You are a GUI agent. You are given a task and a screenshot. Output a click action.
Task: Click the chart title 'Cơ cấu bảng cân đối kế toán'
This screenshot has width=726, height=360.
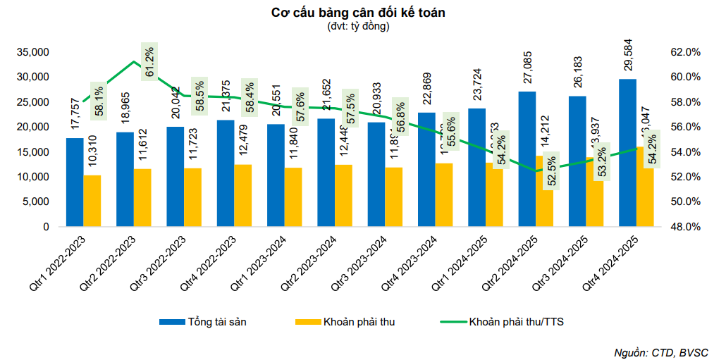[358, 13]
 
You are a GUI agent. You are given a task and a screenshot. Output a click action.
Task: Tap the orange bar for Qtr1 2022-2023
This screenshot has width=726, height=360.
[92, 201]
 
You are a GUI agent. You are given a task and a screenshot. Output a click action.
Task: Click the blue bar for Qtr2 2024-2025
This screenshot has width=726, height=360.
[527, 159]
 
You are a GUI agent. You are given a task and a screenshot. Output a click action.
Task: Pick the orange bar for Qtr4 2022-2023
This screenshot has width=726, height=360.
[243, 195]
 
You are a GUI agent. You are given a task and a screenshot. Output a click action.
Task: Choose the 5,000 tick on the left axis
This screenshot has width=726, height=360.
[35, 202]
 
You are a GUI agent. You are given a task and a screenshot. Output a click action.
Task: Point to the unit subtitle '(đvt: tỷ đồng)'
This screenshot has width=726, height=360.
[358, 26]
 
